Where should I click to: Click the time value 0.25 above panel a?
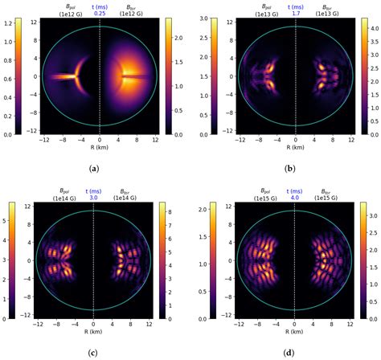100,14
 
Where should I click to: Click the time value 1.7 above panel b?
297,14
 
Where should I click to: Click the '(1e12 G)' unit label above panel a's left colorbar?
69,14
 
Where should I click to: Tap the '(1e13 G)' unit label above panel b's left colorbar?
265,14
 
